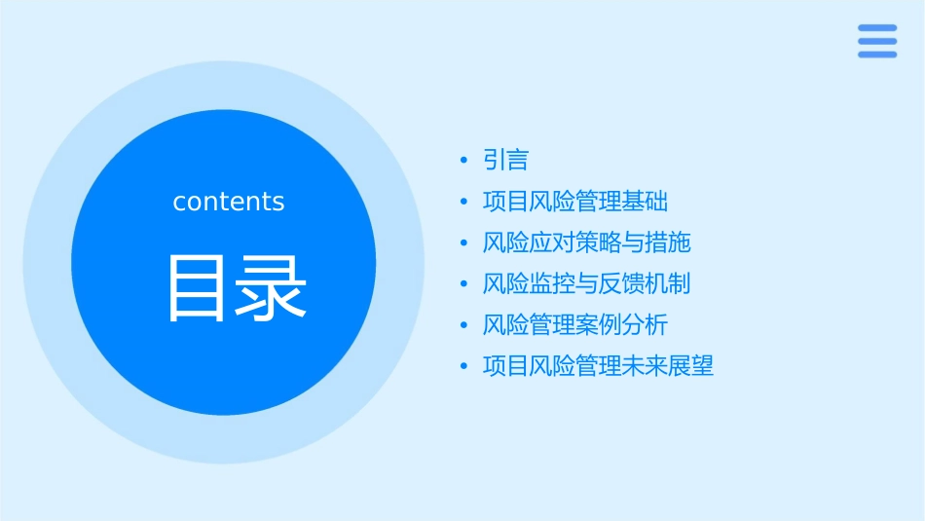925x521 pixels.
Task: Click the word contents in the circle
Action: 229,202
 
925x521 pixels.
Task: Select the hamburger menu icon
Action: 877,41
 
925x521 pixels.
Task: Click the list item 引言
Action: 505,160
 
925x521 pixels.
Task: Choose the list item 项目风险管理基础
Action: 575,202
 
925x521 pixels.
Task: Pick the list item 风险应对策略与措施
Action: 587,242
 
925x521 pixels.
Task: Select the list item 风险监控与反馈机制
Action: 587,284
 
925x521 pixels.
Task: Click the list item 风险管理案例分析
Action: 575,325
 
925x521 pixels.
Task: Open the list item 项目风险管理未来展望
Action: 599,367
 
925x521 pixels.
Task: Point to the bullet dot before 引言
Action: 464,161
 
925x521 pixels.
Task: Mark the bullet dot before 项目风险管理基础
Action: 464,203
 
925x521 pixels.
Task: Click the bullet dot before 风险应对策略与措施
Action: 464,243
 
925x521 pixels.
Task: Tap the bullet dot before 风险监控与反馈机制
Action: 464,285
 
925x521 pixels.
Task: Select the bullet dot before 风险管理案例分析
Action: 464,326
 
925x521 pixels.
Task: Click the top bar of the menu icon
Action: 877,28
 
